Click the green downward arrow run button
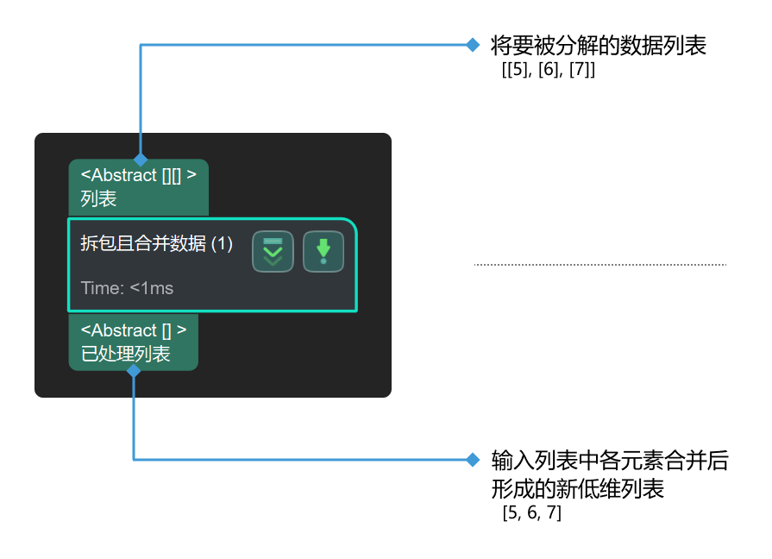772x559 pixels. point(323,251)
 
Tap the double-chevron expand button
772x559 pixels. point(273,251)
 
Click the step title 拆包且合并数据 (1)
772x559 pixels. point(157,243)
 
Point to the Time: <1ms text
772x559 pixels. point(127,288)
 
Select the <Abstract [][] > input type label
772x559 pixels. point(138,175)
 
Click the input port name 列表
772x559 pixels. point(98,199)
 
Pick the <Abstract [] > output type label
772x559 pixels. point(134,330)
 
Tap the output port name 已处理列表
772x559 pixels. point(126,354)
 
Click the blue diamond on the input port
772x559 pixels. point(141,159)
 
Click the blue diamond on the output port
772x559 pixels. point(134,371)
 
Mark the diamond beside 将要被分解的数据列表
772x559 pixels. point(473,45)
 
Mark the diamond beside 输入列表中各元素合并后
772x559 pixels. point(473,460)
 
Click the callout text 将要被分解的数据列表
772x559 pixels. point(599,46)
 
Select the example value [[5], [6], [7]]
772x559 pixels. point(549,70)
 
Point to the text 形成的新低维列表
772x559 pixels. point(578,489)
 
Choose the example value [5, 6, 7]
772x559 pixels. point(531,512)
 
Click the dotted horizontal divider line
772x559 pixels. point(600,265)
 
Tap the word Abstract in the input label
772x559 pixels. point(124,175)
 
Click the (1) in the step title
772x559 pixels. point(222,244)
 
